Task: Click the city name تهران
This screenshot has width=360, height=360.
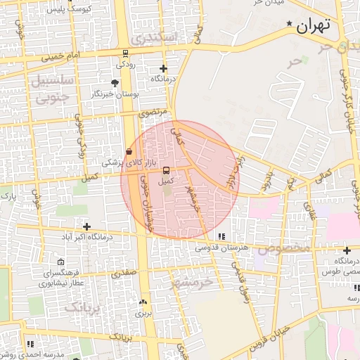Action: coord(313,27)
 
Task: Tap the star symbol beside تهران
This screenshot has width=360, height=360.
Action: coord(289,24)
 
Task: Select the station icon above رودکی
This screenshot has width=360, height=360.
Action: coord(125,53)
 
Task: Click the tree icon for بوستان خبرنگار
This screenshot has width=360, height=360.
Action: coord(115,83)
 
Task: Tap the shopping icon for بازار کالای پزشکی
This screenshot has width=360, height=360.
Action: coord(128,152)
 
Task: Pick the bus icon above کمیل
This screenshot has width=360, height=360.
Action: coord(166,170)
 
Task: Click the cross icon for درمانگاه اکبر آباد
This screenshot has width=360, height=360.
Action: coord(86,226)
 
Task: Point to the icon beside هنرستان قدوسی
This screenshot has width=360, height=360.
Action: coord(222,237)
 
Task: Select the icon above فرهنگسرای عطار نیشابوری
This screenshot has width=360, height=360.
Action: coord(61,262)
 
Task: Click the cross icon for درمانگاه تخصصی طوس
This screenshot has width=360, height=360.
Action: coord(347,250)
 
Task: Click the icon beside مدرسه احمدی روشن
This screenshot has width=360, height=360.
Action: coord(30,344)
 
